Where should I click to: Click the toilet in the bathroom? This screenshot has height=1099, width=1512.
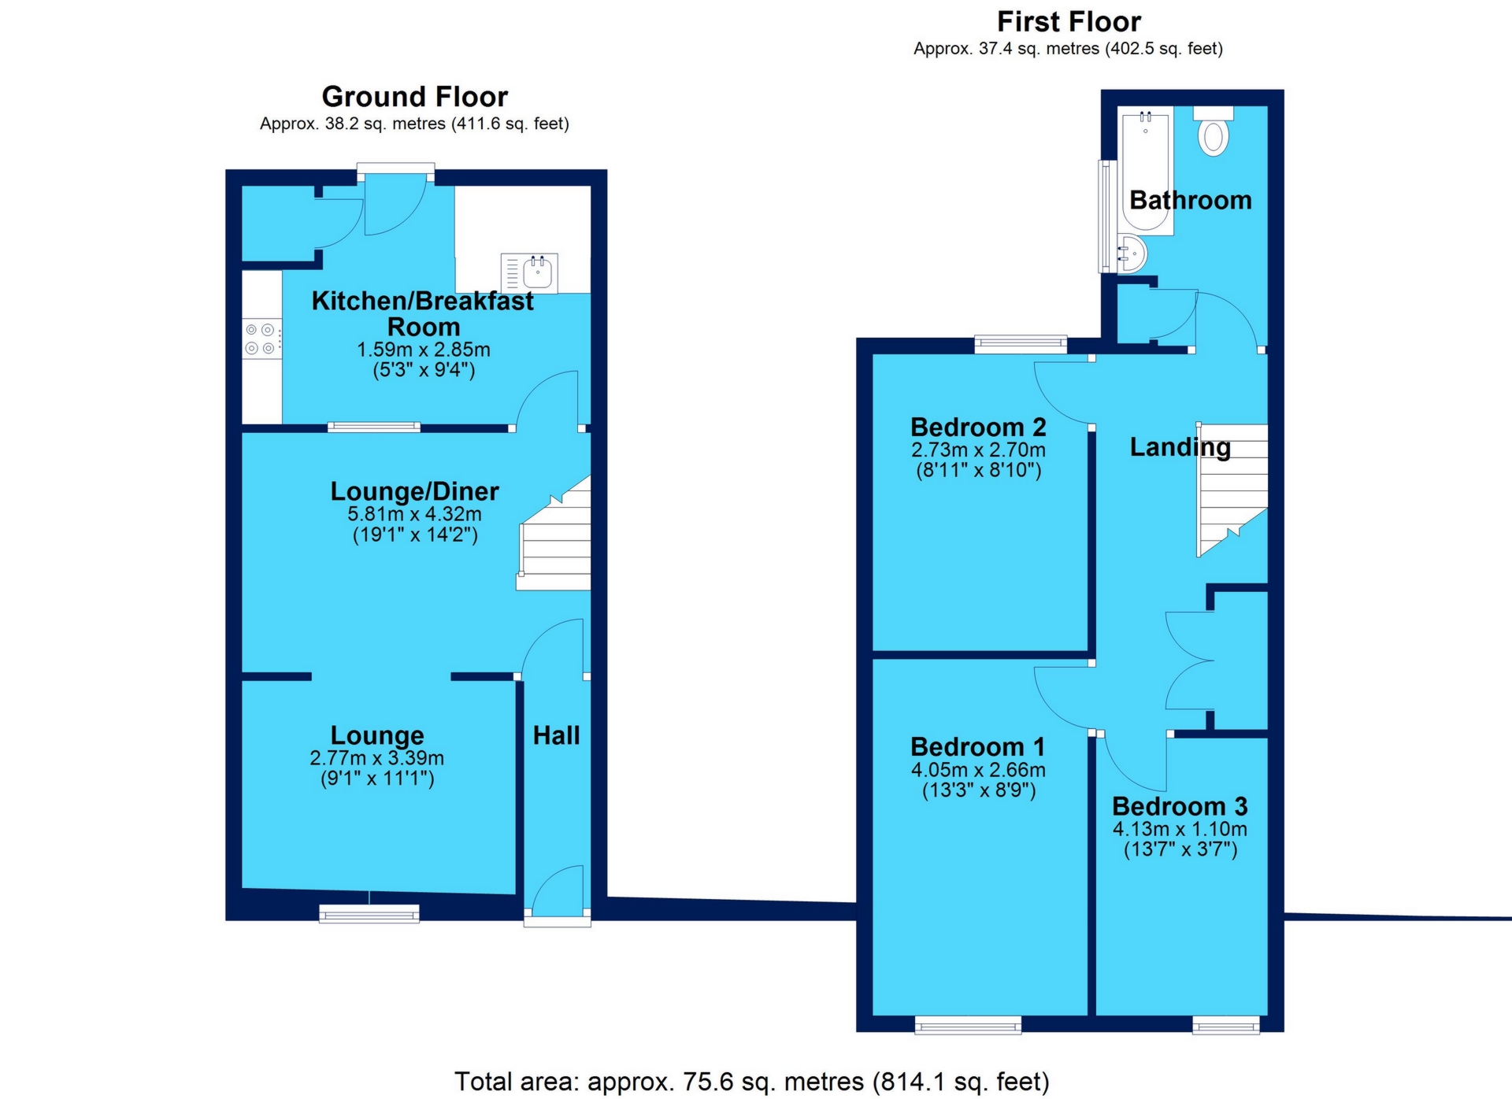tap(1214, 133)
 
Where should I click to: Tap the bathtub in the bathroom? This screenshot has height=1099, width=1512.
tap(1146, 170)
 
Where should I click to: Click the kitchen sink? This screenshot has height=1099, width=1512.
tap(537, 272)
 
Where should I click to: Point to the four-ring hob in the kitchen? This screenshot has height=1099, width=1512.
tap(261, 339)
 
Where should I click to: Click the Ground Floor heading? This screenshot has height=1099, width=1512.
tap(415, 97)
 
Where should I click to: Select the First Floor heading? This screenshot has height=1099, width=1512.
tap(1069, 22)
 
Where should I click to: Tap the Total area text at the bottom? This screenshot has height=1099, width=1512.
tap(751, 1082)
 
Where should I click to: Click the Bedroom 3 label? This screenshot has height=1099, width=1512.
tap(1180, 806)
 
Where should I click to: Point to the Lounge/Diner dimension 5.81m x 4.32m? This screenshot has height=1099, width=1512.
tap(414, 514)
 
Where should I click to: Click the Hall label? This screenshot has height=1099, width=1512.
tap(556, 735)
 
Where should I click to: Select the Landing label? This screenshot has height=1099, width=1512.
tap(1180, 447)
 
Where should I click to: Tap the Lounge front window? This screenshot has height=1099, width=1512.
tap(369, 913)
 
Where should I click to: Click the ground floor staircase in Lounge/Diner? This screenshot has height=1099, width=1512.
tap(556, 543)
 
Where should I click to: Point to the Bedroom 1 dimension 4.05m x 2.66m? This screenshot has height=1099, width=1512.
tap(978, 770)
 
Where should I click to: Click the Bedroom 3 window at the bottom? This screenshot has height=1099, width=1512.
tap(1226, 1025)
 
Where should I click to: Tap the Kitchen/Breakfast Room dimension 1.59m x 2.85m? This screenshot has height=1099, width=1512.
tap(424, 350)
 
